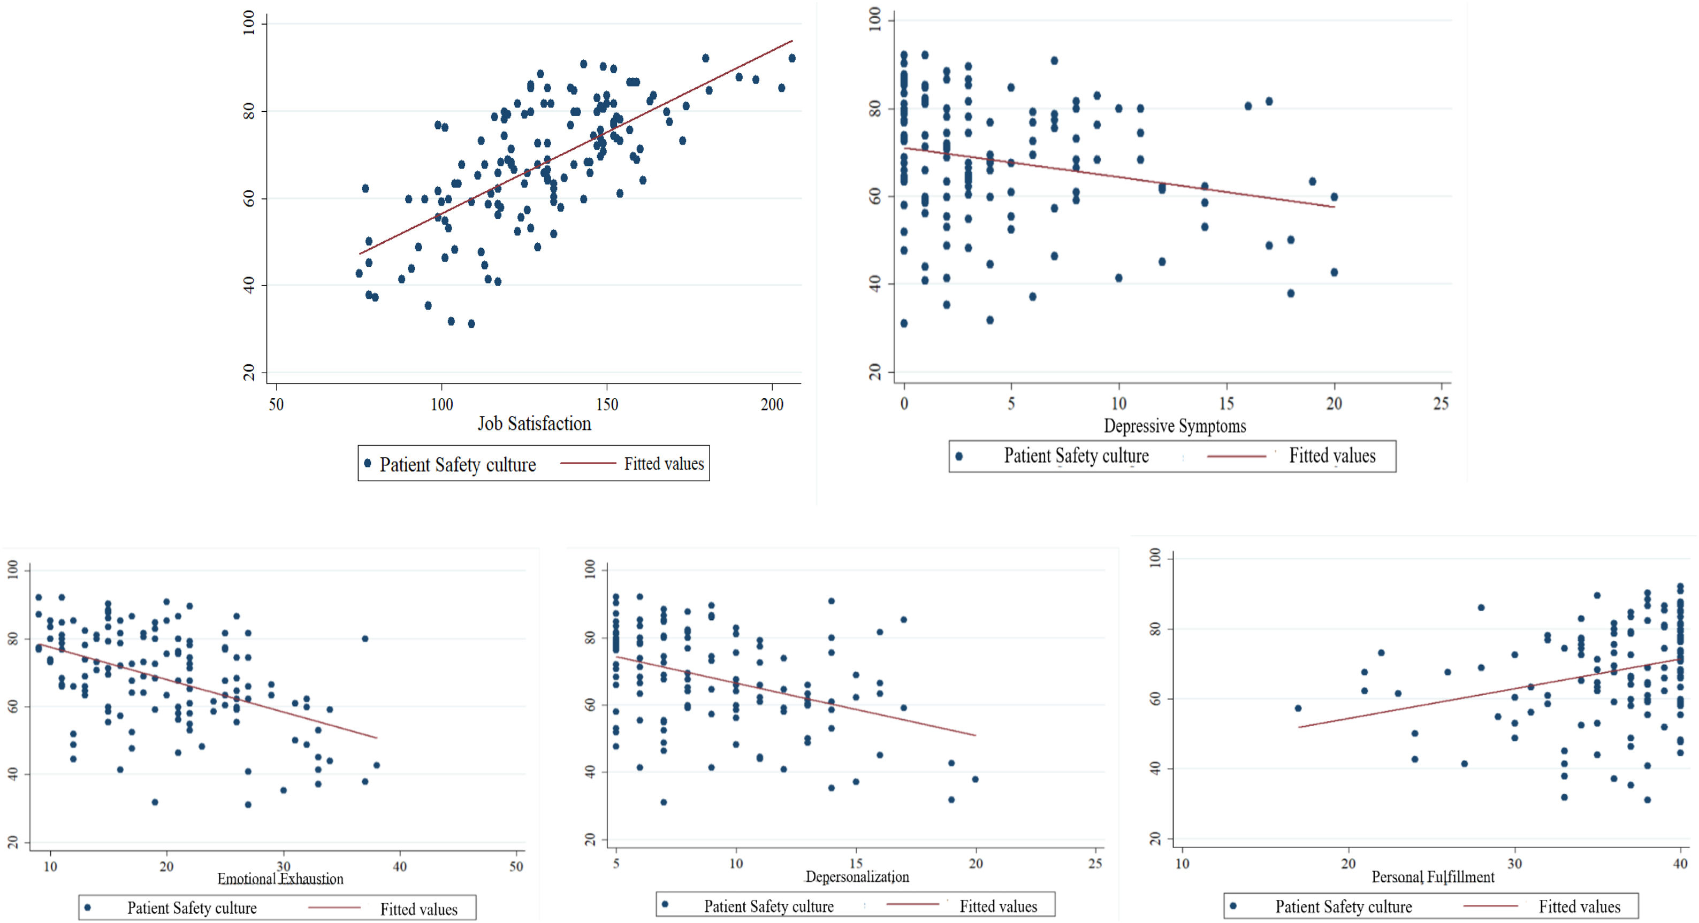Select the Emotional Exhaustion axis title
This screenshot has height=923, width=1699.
[x=280, y=879]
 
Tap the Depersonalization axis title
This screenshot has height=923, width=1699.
[x=857, y=877]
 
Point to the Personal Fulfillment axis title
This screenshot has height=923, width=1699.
[x=1433, y=877]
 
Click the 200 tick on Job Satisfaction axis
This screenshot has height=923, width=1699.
[x=772, y=404]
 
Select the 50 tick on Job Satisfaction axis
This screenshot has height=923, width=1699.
[x=276, y=404]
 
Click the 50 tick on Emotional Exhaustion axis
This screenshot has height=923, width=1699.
[x=516, y=866]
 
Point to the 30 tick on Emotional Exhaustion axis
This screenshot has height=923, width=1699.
[x=283, y=866]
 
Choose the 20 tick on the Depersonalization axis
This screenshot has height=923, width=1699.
[x=976, y=863]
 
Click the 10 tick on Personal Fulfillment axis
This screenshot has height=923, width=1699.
[x=1182, y=864]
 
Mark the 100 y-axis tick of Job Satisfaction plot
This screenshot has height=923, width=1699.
[x=249, y=24]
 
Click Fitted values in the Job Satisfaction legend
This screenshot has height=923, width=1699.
[x=664, y=464]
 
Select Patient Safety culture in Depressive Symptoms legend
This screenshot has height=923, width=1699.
[x=1076, y=456]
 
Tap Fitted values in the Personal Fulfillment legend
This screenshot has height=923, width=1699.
[x=1579, y=906]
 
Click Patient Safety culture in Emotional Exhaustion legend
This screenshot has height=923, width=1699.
[x=191, y=908]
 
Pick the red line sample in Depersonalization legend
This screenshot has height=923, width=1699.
[x=912, y=904]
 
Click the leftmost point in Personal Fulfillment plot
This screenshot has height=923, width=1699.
[x=1298, y=708]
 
